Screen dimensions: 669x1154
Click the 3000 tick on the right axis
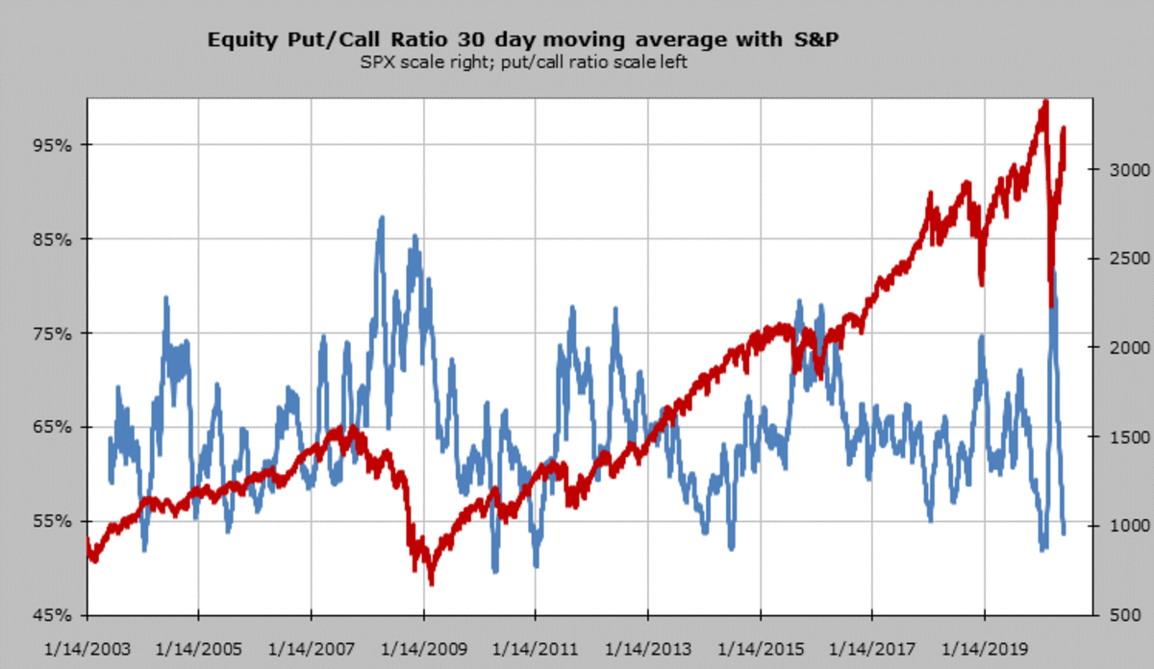coord(1119,169)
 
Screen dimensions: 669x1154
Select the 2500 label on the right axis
coord(1119,259)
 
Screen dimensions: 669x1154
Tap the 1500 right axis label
coord(1119,437)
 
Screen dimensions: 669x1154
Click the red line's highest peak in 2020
coord(1044,100)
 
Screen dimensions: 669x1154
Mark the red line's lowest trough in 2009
coord(431,582)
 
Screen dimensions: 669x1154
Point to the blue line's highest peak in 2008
coord(382,218)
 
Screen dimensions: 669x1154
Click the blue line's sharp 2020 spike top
coord(1055,274)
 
